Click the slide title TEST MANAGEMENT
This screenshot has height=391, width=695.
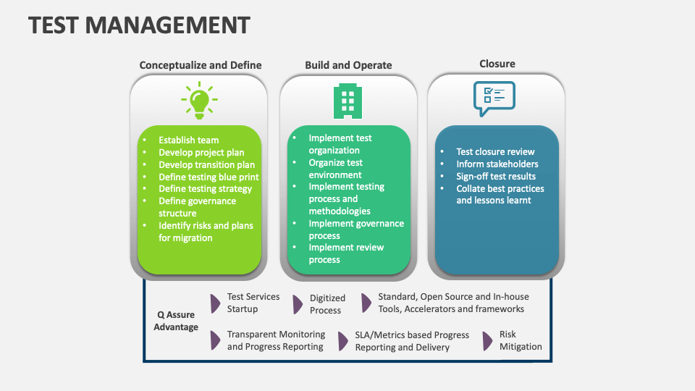point(139,25)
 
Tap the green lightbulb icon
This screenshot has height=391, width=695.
point(200,101)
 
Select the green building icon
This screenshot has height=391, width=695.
point(348,101)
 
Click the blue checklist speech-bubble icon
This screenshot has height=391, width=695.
point(494,98)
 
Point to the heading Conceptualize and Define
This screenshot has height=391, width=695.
point(201,65)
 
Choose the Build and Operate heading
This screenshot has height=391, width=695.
point(348,65)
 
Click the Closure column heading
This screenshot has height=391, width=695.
point(497,64)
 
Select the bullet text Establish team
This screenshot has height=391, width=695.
point(188,140)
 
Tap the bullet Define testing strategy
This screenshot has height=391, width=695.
point(205,189)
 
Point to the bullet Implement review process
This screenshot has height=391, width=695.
point(345,253)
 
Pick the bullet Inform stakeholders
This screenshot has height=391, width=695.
point(497,164)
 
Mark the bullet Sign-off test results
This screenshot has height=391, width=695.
point(496,177)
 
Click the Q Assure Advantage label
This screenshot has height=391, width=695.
point(176,321)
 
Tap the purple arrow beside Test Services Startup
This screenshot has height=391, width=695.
point(215,303)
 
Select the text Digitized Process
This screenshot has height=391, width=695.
point(327,304)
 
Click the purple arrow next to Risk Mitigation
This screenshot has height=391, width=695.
point(488,341)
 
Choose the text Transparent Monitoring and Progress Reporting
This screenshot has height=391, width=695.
point(276,340)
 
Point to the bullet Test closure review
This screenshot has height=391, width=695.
point(495,152)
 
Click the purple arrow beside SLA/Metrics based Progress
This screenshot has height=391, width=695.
point(342,341)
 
